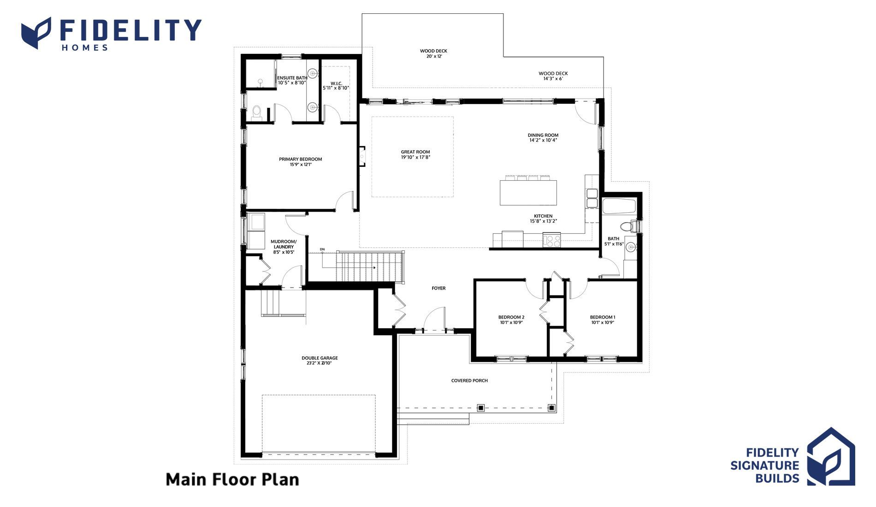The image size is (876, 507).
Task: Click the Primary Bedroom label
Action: (300, 159)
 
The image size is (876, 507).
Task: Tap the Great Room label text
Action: (415, 152)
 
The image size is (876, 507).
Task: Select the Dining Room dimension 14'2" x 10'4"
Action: (543, 140)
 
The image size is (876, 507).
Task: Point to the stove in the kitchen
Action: (552, 240)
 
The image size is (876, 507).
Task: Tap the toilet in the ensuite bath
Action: (256, 112)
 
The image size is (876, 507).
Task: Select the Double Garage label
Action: (320, 358)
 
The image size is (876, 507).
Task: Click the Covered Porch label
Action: (469, 381)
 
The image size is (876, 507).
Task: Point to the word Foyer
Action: (438, 288)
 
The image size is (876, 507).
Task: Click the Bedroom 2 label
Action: (511, 317)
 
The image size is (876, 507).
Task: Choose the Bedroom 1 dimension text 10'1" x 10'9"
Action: (603, 323)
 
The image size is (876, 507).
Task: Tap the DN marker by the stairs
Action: (322, 249)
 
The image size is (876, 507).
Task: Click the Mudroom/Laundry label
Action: (284, 244)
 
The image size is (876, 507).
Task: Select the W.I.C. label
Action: (336, 83)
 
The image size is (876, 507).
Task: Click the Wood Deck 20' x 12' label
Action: (433, 53)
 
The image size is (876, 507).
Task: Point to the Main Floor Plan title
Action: (232, 479)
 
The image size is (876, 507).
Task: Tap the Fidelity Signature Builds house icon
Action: (831, 456)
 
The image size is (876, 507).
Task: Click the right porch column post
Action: (551, 407)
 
